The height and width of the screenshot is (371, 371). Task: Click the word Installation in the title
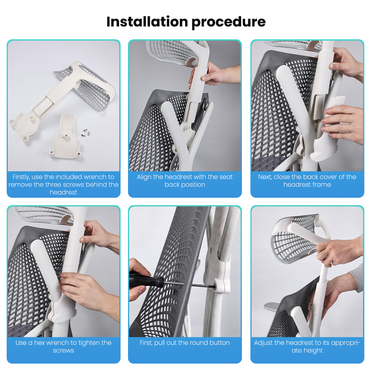147,22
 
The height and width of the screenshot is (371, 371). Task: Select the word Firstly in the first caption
21,177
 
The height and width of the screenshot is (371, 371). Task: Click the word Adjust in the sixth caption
263,343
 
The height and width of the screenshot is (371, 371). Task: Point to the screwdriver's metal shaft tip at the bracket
214,287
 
